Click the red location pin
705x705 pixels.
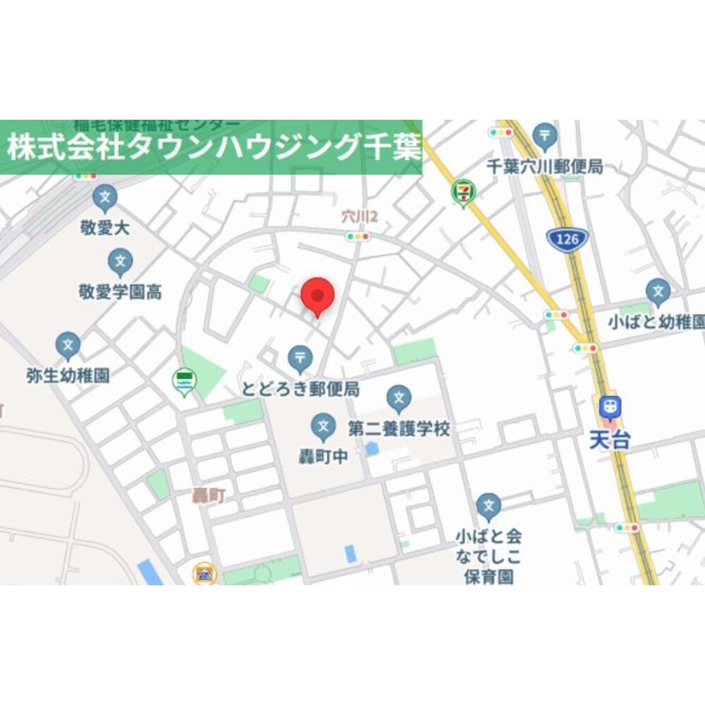tap(317, 295)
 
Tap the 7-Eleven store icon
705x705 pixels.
tap(463, 192)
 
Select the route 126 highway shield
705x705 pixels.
tap(567, 239)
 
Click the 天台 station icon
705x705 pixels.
tap(610, 408)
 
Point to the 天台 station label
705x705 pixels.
tap(610, 441)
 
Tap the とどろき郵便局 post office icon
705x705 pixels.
tap(300, 358)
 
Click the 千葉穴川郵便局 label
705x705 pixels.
tap(545, 167)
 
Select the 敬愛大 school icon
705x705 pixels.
tap(105, 198)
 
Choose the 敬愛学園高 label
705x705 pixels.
tap(120, 292)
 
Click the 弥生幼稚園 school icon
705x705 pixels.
tap(68, 345)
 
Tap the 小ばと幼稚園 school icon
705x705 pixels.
tap(658, 292)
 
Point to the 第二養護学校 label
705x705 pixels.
tap(399, 428)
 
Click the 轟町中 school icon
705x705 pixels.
tap(323, 426)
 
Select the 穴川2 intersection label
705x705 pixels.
tap(360, 217)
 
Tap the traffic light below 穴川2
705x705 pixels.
tap(357, 237)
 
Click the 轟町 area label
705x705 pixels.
tap(209, 496)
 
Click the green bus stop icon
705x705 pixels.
tap(184, 381)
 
